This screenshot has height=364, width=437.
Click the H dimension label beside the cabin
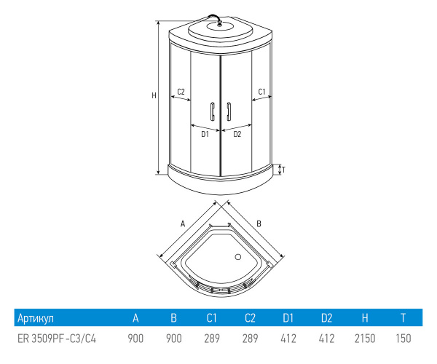(x=153, y=95)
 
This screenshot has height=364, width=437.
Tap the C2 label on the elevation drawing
(x=181, y=92)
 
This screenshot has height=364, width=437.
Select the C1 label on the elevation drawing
(x=262, y=92)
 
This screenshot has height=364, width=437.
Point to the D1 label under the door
(x=205, y=134)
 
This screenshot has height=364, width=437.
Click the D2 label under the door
(x=237, y=134)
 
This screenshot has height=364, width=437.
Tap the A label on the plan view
(x=184, y=223)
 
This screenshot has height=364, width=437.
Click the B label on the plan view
(x=259, y=223)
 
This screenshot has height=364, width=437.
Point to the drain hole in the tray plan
(x=237, y=256)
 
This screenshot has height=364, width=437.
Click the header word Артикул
(x=35, y=318)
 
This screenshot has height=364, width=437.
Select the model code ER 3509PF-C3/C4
(x=56, y=339)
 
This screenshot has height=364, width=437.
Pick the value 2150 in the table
(x=364, y=339)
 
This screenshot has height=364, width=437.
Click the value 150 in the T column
(x=403, y=339)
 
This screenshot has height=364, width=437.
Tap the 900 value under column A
(x=135, y=339)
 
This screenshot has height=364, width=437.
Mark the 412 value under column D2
(x=326, y=339)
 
